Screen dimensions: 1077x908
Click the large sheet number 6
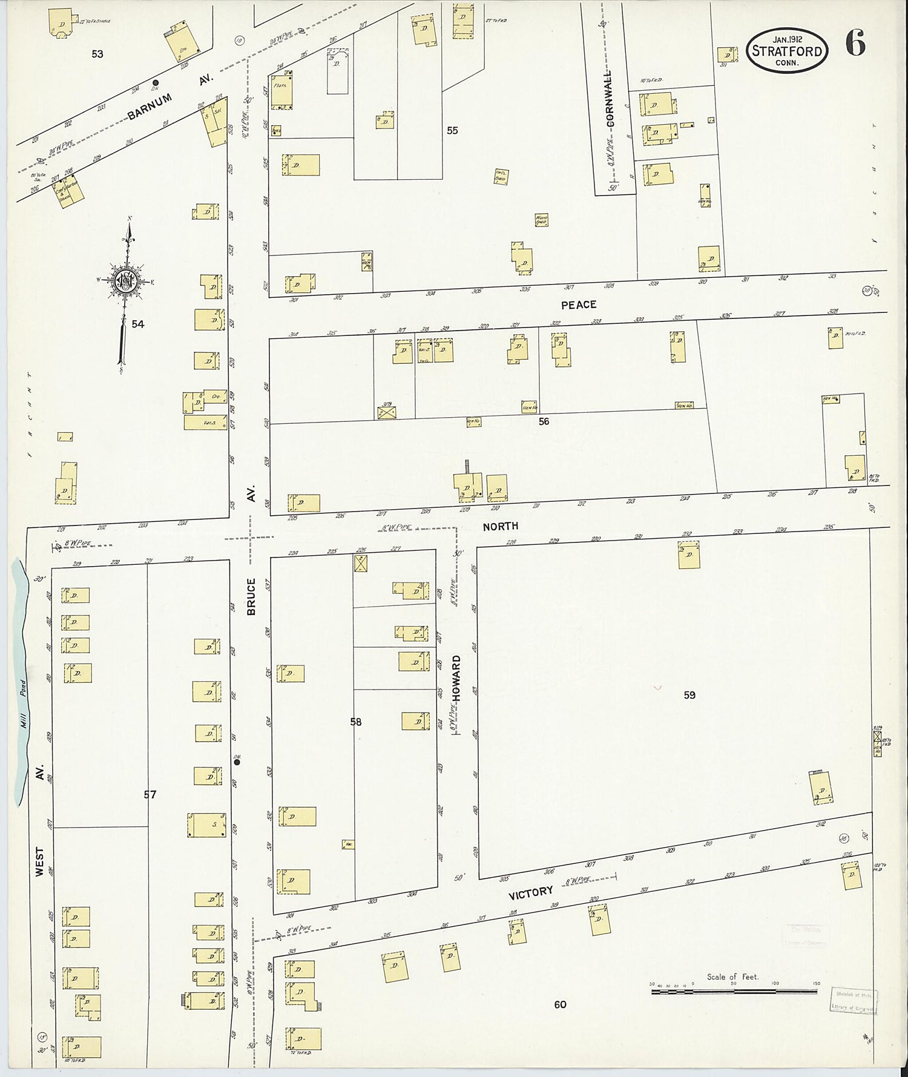click(x=855, y=44)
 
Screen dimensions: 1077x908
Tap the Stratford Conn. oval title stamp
click(x=787, y=51)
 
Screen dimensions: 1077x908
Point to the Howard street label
click(x=457, y=678)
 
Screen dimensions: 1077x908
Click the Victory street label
click(x=530, y=892)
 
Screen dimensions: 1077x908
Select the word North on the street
click(x=500, y=527)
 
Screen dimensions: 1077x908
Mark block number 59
click(x=689, y=695)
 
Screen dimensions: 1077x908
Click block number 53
click(x=97, y=54)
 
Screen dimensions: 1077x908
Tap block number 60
click(x=560, y=1004)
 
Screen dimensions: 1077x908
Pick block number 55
click(x=452, y=130)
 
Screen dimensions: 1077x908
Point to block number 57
click(x=150, y=794)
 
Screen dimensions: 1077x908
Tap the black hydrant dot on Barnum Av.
click(x=156, y=83)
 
